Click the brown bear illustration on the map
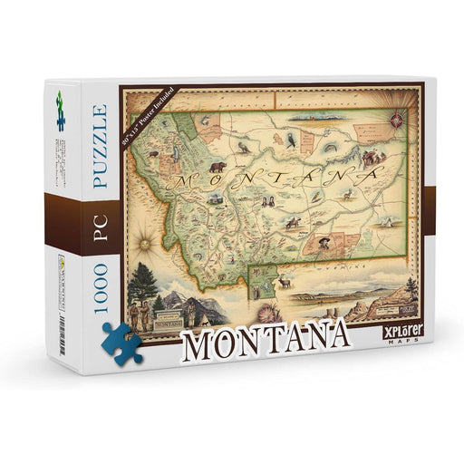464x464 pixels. pos(217,167)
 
